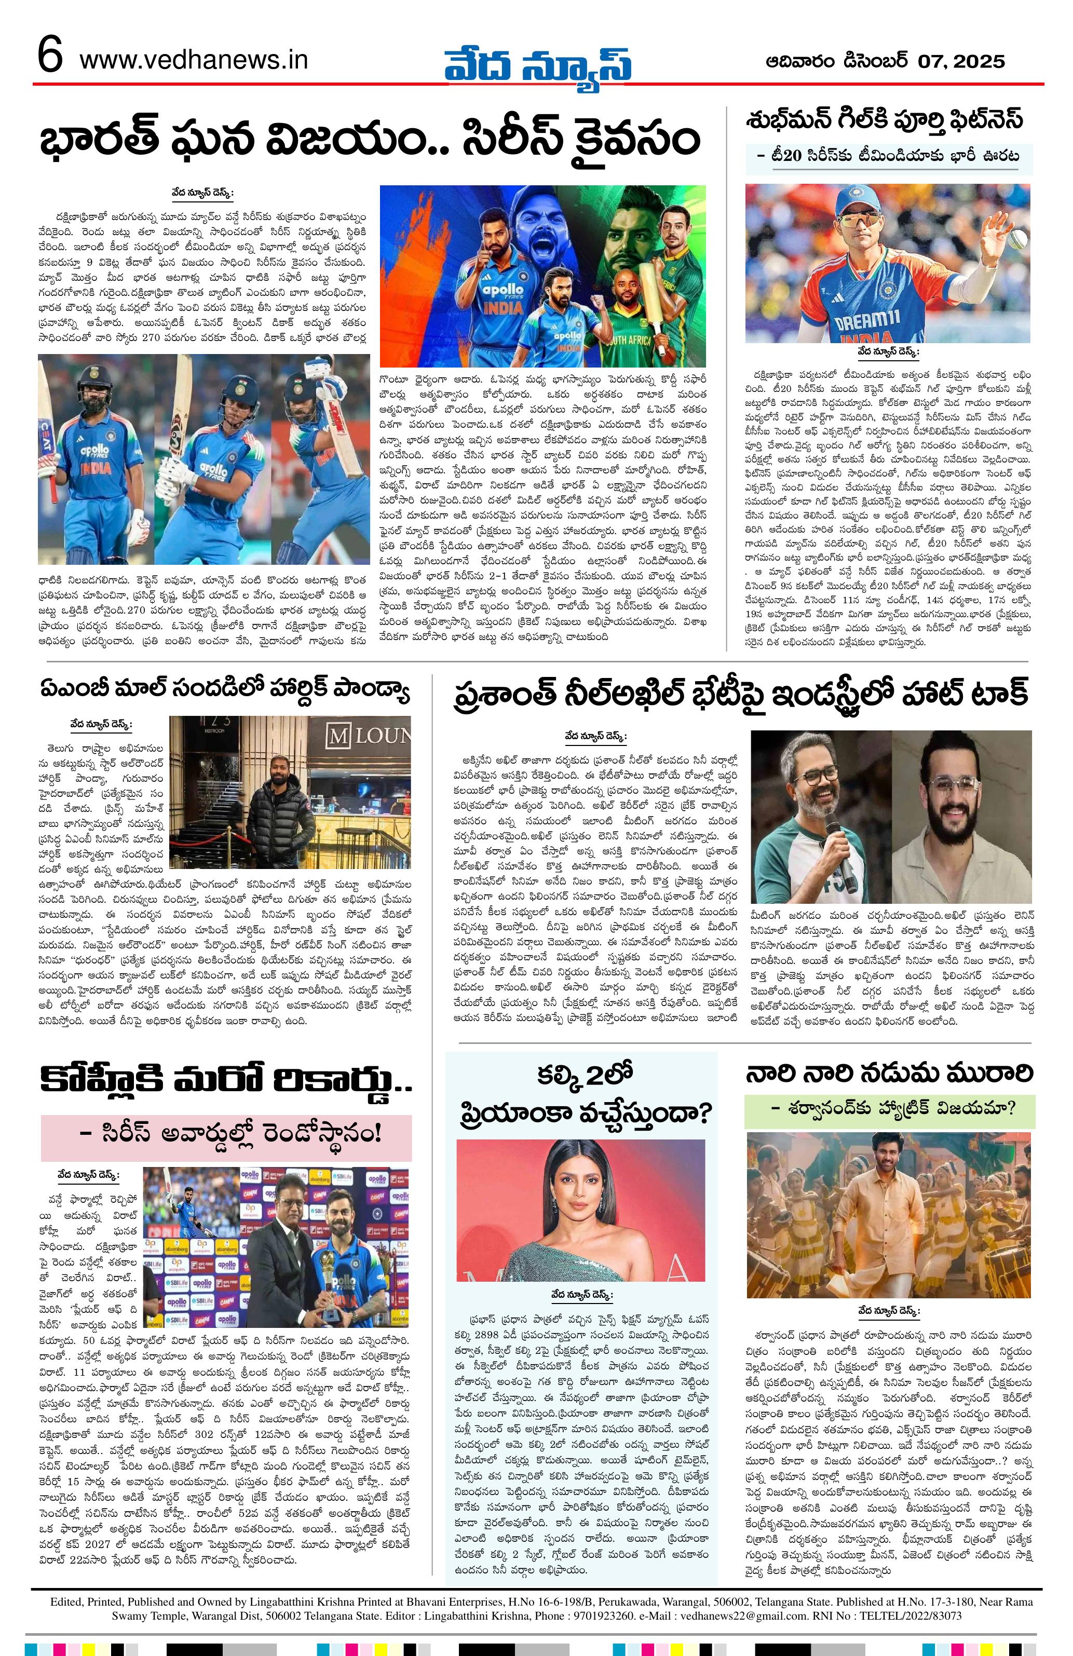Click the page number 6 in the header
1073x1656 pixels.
[50, 57]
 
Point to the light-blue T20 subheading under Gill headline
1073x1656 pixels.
[889, 157]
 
